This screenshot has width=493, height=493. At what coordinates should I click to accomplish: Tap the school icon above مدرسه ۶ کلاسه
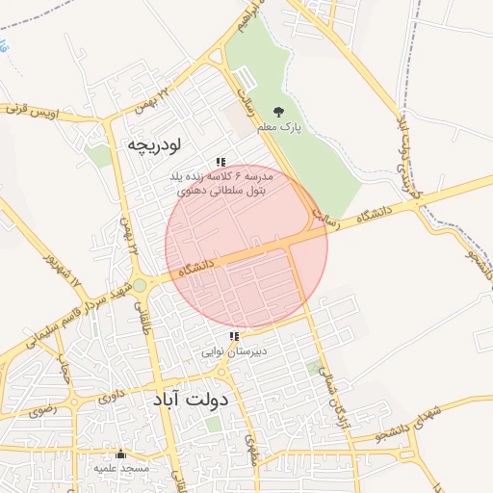[221, 163]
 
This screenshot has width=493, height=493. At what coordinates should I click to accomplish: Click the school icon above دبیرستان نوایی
[234, 337]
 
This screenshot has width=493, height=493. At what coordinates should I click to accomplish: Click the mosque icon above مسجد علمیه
[120, 454]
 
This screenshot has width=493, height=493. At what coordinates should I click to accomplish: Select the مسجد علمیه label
[121, 468]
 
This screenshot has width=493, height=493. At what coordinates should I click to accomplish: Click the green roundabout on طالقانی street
[140, 285]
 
